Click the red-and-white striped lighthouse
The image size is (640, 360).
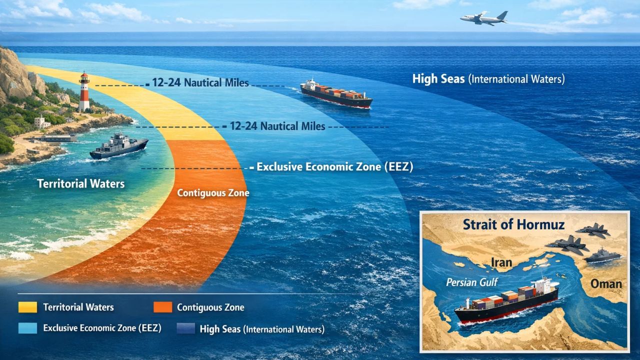pyautogui.click(x=84, y=91)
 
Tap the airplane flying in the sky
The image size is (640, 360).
pyautogui.click(x=484, y=18)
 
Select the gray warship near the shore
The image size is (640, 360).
pyautogui.click(x=118, y=146)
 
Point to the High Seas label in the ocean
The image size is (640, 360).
pyautogui.click(x=488, y=79)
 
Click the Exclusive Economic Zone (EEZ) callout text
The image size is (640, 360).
pyautogui.click(x=335, y=167)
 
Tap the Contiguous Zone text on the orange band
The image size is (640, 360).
pyautogui.click(x=213, y=193)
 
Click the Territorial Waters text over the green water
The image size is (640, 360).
pyautogui.click(x=81, y=183)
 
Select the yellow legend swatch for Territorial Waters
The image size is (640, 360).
pyautogui.click(x=27, y=307)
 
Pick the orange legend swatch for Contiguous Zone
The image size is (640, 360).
pyautogui.click(x=163, y=307)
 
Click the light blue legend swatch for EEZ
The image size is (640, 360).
pyautogui.click(x=27, y=328)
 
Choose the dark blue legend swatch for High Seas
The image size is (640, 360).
pyautogui.click(x=186, y=328)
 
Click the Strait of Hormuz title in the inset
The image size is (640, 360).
pyautogui.click(x=513, y=224)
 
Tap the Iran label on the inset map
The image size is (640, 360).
pyautogui.click(x=501, y=262)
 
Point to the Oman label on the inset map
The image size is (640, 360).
pyautogui.click(x=606, y=284)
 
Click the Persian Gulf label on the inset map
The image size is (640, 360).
pyautogui.click(x=471, y=282)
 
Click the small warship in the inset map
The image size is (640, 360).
pyautogui.click(x=602, y=255)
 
